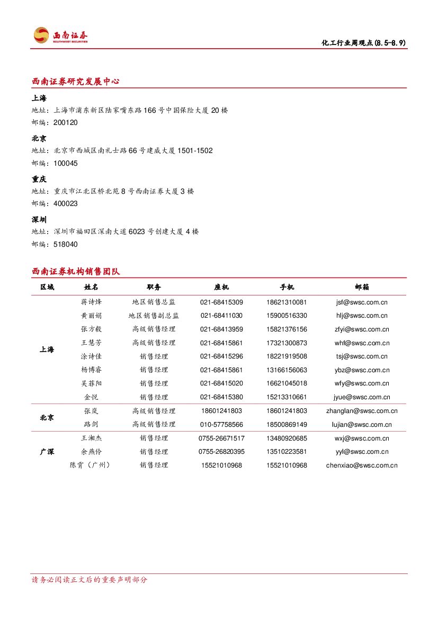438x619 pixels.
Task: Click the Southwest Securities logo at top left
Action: point(60,35)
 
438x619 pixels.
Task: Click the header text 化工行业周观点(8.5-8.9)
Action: point(364,43)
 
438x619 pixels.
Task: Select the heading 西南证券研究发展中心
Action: point(76,82)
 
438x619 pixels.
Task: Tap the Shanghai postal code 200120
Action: point(66,123)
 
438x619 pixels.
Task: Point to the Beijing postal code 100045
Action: point(66,164)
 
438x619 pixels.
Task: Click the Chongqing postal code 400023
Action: point(66,204)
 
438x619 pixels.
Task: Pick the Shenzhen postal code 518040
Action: point(66,245)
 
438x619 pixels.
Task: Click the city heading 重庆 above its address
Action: point(39,180)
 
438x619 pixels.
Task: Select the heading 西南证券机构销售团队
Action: point(76,272)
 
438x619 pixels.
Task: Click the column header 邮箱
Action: point(362,287)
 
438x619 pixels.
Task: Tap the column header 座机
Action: point(221,287)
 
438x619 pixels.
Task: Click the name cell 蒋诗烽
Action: point(91,302)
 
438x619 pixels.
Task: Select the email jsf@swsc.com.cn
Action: point(362,302)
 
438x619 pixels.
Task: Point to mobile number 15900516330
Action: point(287,316)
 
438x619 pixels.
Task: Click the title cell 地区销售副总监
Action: point(154,316)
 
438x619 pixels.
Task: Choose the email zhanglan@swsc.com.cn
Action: point(362,411)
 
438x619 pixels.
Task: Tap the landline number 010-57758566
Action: point(221,425)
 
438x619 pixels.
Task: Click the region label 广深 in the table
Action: point(47,452)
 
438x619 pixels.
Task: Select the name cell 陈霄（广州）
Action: point(91,465)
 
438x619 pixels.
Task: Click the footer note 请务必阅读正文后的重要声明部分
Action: point(90,580)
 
